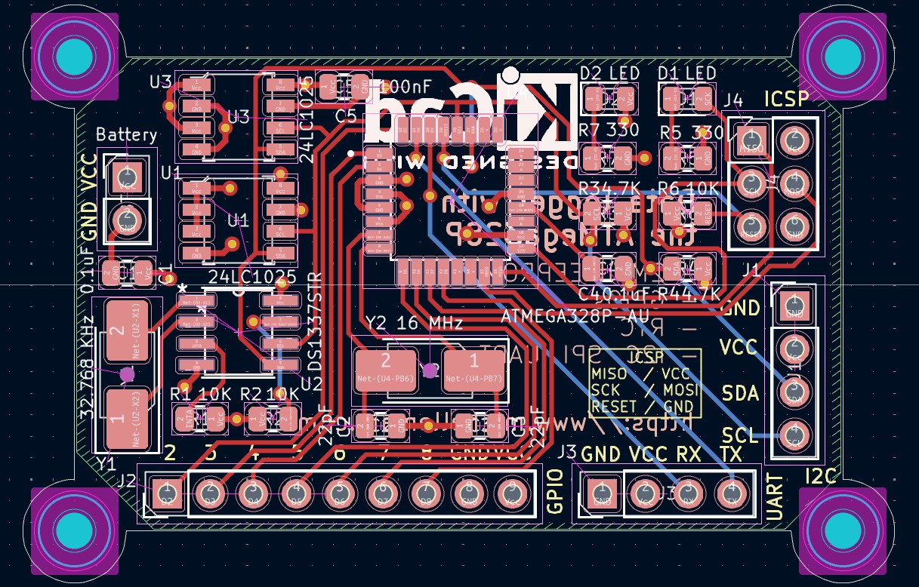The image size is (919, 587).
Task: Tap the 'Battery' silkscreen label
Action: [126, 135]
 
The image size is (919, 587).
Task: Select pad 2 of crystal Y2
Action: [385, 370]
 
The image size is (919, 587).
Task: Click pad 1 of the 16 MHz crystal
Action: [474, 370]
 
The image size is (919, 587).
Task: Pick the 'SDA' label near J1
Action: [740, 393]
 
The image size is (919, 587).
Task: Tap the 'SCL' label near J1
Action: [740, 435]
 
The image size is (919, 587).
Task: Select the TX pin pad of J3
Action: [731, 494]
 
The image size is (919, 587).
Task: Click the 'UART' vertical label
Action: [774, 497]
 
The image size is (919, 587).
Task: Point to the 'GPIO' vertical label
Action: [555, 491]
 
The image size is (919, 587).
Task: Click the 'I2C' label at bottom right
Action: [821, 476]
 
